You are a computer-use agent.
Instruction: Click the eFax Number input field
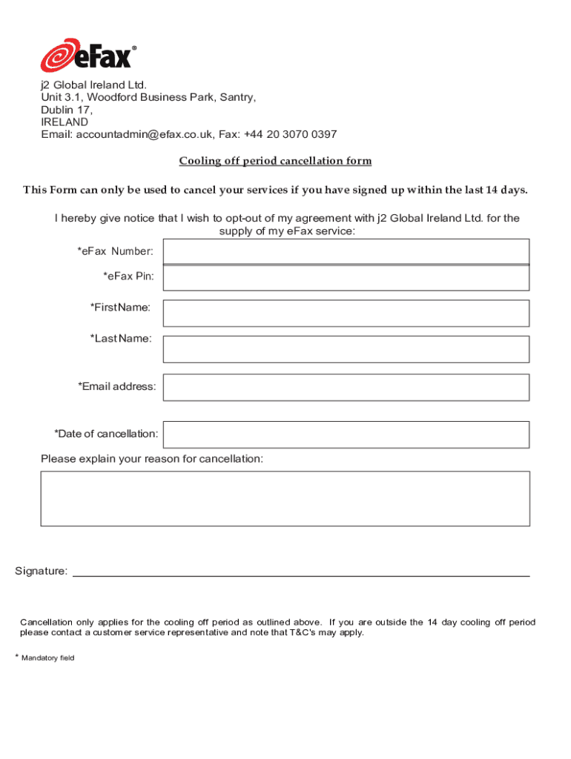pos(346,251)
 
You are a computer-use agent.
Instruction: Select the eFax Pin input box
pos(346,277)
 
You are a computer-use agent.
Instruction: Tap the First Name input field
pos(346,313)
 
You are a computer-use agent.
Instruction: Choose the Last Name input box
pos(346,348)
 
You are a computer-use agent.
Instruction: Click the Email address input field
pos(346,387)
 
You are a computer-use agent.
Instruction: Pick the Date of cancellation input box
pos(346,434)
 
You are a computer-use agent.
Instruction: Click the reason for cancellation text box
pos(285,498)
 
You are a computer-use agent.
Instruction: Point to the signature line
pos(300,574)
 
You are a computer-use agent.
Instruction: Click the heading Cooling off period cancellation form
pos(275,161)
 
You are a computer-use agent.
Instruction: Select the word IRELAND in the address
pos(65,122)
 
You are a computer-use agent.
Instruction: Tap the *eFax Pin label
pos(128,276)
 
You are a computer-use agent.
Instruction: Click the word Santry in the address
pos(237,97)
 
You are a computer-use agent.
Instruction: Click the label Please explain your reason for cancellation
pos(152,459)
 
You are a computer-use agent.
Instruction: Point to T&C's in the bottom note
pos(287,633)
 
